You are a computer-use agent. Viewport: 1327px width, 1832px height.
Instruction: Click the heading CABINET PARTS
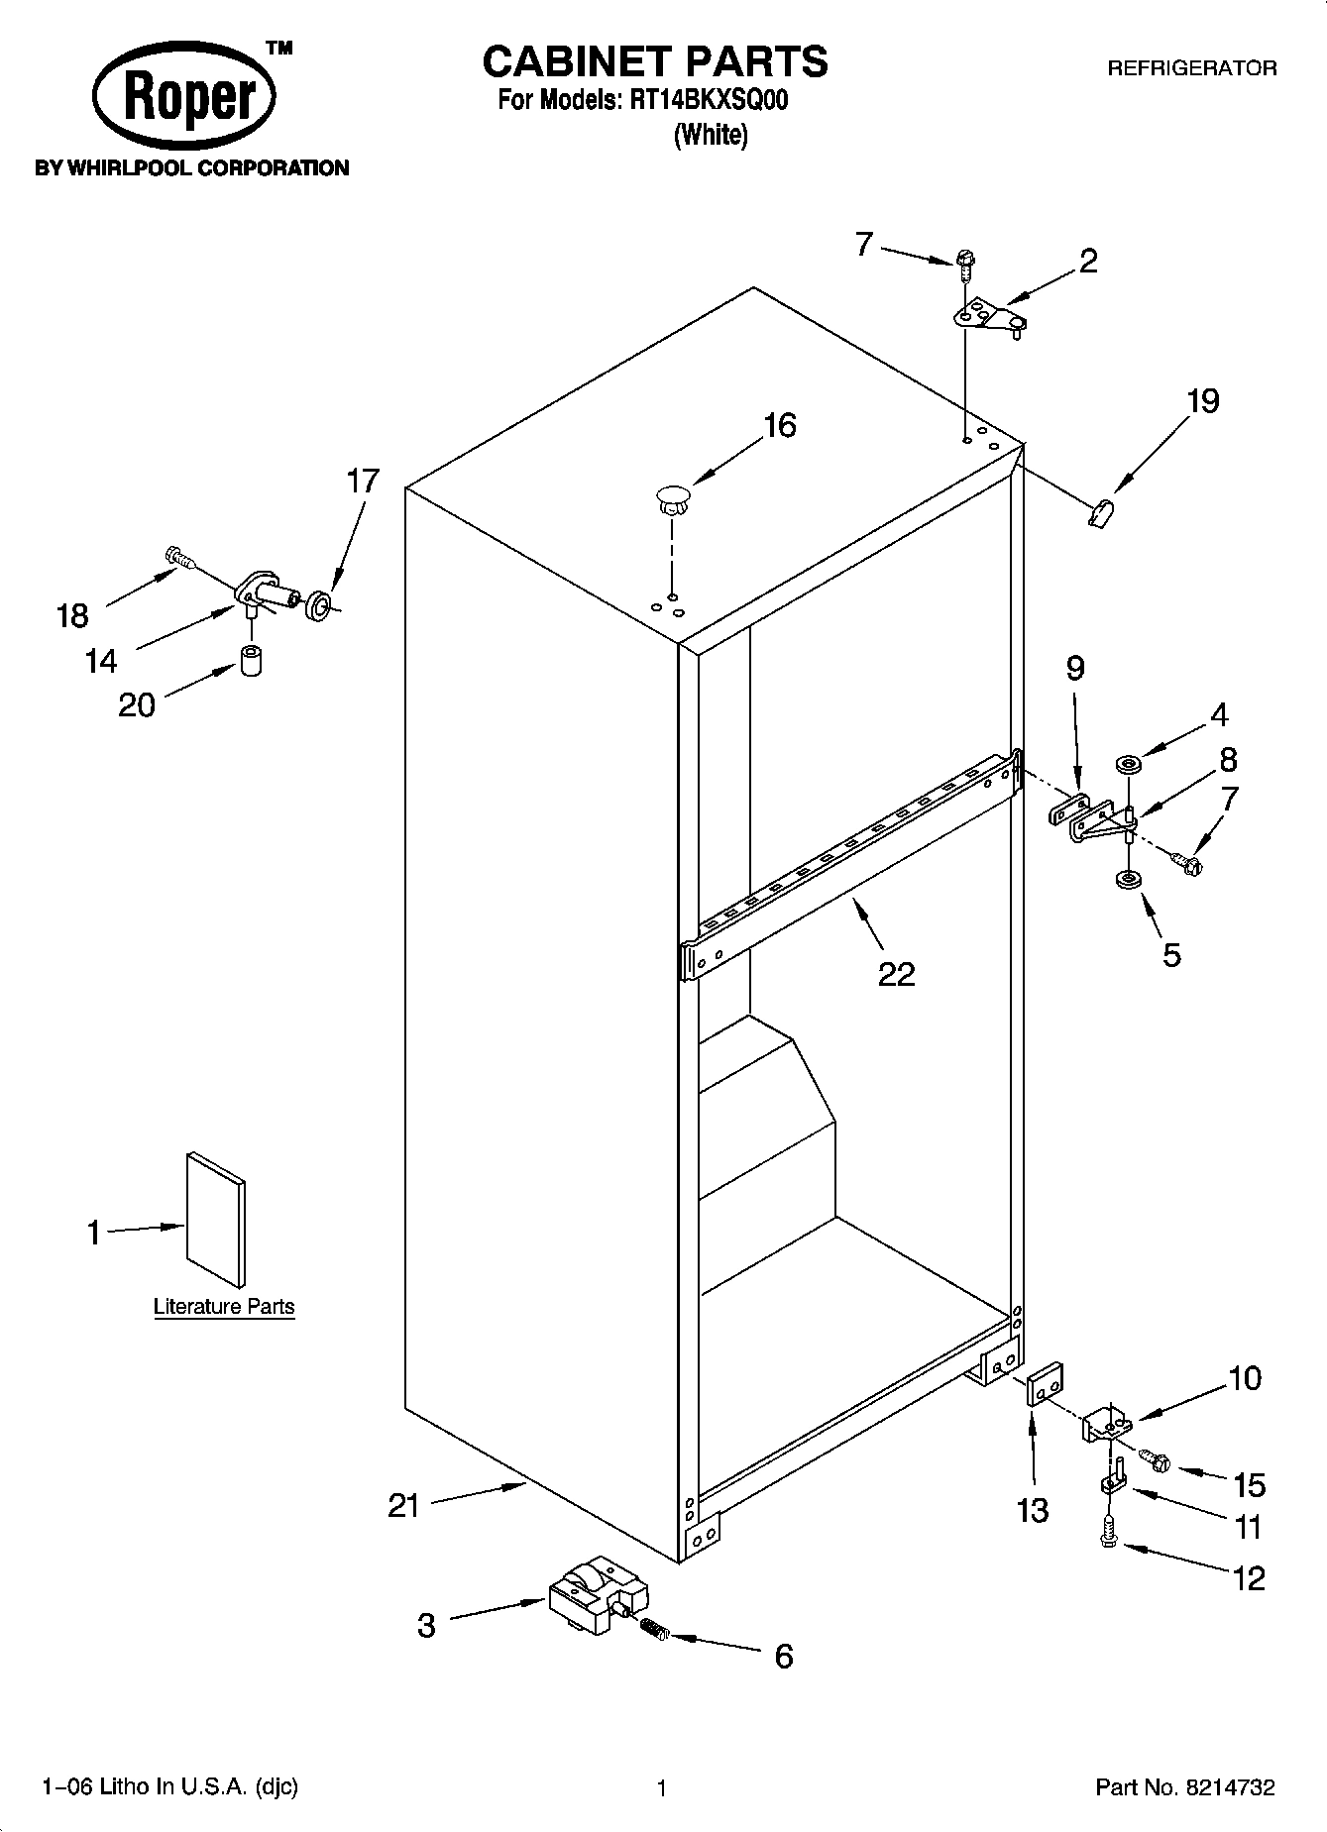(x=654, y=61)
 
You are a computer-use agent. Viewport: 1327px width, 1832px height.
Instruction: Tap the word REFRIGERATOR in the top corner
(x=1191, y=68)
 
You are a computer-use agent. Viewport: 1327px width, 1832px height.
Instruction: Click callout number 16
(x=779, y=426)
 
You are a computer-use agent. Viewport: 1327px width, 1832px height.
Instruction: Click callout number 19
(x=1202, y=401)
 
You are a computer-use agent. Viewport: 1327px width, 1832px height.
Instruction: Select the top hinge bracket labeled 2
(x=987, y=318)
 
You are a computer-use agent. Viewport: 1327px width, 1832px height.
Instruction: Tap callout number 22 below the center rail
(x=896, y=974)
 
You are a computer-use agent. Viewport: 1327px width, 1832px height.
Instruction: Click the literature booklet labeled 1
(x=216, y=1220)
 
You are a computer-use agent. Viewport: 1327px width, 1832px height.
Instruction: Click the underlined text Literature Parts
(x=224, y=1307)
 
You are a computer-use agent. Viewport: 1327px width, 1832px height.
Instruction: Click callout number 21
(x=403, y=1507)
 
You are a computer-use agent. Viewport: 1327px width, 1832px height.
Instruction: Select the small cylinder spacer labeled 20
(x=251, y=660)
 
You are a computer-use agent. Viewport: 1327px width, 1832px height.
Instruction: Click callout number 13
(x=1033, y=1510)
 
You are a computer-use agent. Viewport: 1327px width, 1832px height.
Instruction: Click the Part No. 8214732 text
(x=1184, y=1788)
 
